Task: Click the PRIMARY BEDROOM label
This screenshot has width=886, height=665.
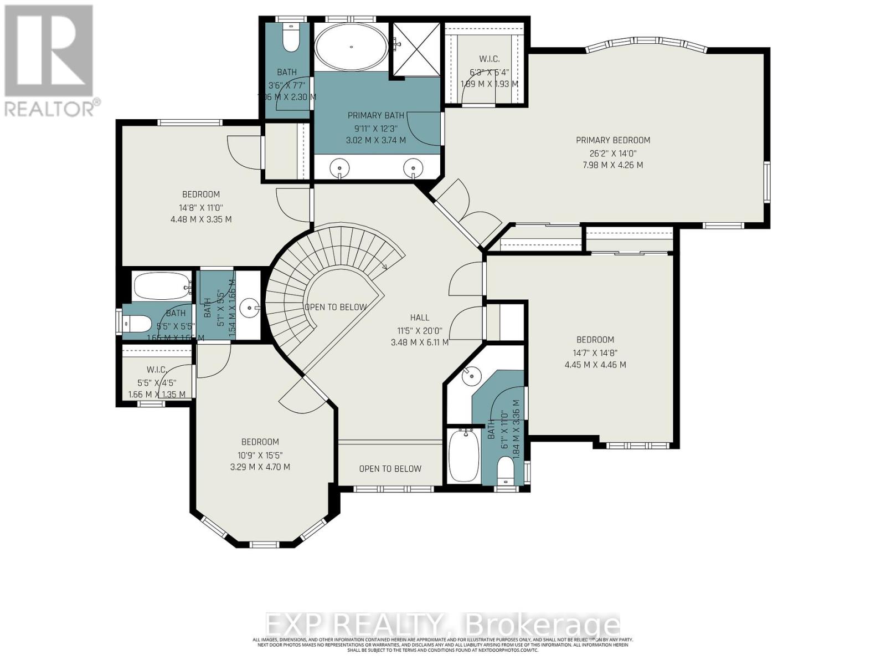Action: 612,140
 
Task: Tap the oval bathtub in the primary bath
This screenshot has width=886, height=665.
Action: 351,47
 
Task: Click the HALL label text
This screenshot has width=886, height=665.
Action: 419,318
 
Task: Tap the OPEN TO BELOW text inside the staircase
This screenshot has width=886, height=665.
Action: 336,307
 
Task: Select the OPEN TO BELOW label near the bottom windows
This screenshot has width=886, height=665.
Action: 390,469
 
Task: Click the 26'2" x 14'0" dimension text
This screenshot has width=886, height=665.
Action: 612,153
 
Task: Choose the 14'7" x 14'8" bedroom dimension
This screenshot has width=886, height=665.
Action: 595,352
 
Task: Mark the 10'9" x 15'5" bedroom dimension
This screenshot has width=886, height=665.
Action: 260,454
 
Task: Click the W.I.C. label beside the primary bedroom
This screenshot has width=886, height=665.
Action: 489,59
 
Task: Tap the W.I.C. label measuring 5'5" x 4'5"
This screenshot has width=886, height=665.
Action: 157,370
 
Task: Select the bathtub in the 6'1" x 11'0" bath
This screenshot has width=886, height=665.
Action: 463,456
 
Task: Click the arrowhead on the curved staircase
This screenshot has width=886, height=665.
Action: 385,268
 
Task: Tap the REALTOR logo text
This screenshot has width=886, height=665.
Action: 53,107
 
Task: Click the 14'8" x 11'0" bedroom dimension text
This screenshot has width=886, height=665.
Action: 200,207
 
